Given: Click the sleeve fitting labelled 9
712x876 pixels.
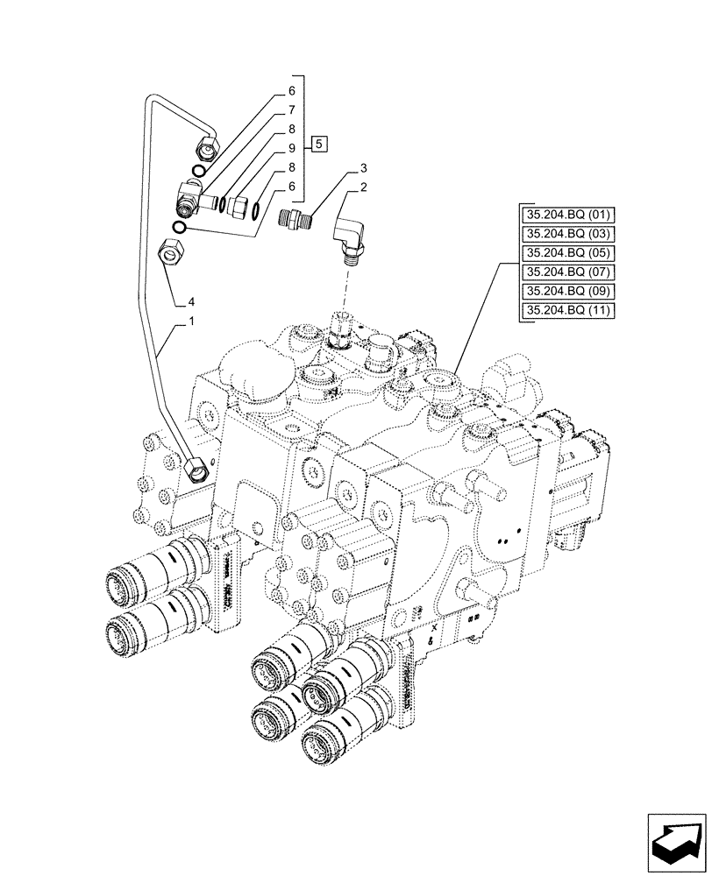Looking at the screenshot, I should click(236, 204).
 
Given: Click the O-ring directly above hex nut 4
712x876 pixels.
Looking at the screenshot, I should click(178, 228).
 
